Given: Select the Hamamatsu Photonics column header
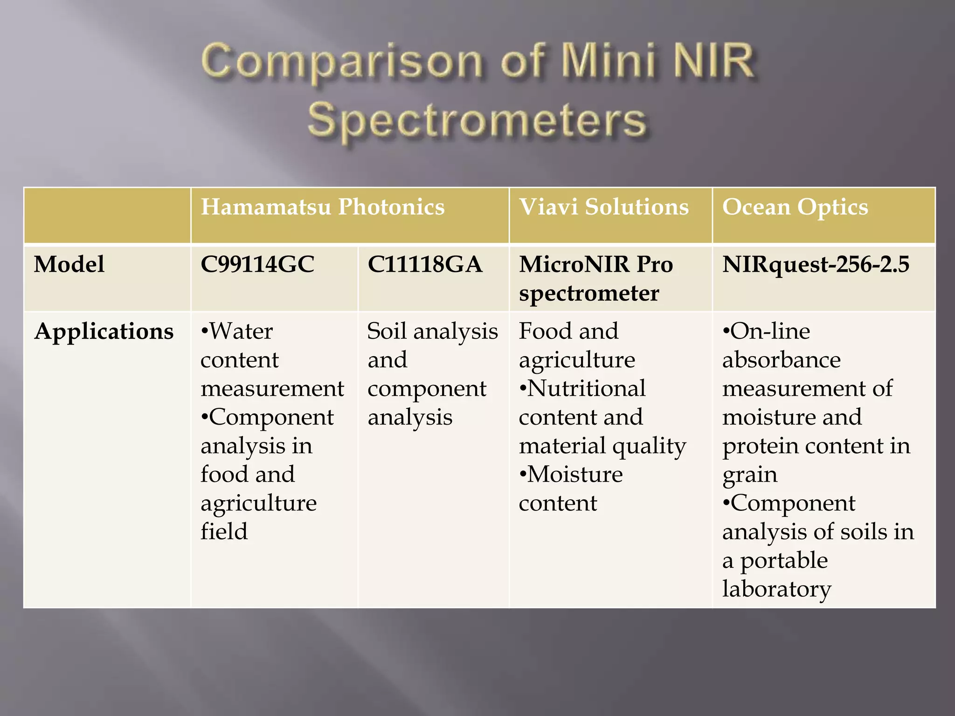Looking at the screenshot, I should click(323, 207).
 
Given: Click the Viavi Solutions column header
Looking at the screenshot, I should click(604, 207).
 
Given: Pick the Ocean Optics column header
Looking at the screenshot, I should click(795, 207).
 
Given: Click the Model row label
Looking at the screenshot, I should click(69, 264).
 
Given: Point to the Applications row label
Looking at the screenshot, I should click(104, 331).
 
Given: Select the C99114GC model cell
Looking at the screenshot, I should click(257, 264).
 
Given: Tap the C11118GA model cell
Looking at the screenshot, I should click(424, 264).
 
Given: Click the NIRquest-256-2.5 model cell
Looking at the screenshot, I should click(816, 264).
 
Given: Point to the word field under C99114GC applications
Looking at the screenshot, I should click(224, 531).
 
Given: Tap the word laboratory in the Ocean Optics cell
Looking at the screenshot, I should click(776, 589).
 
